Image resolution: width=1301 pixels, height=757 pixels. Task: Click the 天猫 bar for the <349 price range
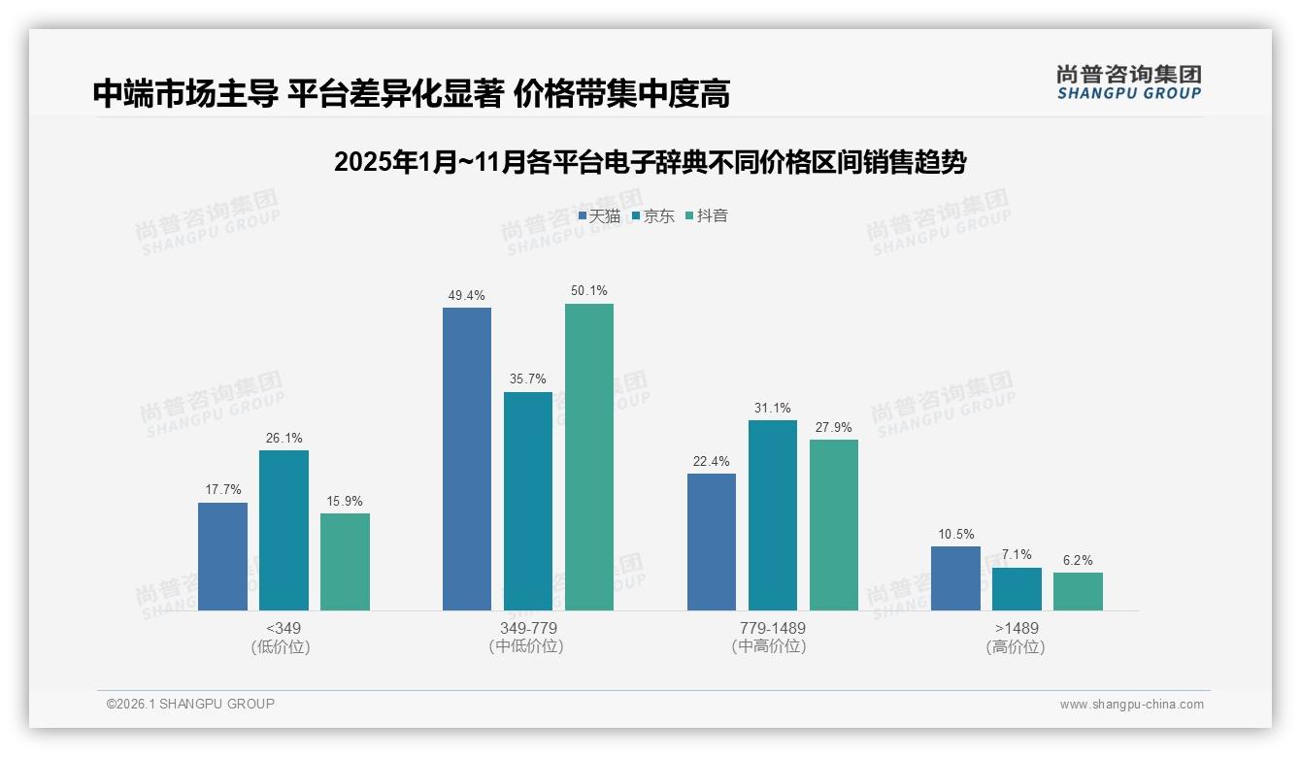pos(222,556)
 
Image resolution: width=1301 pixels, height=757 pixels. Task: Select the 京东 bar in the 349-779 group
pos(528,501)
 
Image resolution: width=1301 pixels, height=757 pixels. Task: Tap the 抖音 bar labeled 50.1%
pos(589,457)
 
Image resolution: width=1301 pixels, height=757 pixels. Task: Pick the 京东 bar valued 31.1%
pos(773,515)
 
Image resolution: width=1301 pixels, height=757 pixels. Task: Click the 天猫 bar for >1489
pos(955,578)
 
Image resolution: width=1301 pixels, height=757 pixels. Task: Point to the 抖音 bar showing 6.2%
pos(1078,591)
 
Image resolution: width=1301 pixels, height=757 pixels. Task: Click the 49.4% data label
pos(466,295)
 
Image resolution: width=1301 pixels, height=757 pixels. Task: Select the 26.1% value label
pos(284,438)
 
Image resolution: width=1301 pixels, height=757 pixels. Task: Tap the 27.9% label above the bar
pos(834,427)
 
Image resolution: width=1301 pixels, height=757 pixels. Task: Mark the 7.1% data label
pos(1017,555)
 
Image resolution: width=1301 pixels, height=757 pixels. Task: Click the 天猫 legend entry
pos(599,215)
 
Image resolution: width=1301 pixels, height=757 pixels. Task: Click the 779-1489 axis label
pos(772,628)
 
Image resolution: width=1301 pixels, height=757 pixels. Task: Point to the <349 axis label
pos(284,628)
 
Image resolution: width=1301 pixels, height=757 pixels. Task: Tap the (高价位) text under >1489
pos(1016,646)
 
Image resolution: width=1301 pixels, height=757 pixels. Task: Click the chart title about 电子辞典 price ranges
pos(650,162)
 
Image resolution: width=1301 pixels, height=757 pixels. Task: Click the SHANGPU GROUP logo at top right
pos(1128,82)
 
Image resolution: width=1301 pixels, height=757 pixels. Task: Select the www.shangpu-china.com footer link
pos(1131,705)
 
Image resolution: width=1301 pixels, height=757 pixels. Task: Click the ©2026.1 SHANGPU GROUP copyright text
pos(191,704)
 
